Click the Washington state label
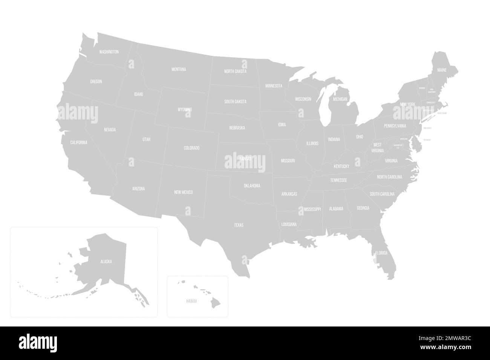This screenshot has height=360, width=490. [x=109, y=52]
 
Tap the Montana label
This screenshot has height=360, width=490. [x=179, y=69]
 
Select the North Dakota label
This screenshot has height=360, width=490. [x=235, y=71]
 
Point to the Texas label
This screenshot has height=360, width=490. [x=239, y=225]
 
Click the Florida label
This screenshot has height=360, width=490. [x=381, y=253]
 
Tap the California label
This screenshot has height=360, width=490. [x=79, y=142]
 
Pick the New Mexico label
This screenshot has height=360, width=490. [x=184, y=192]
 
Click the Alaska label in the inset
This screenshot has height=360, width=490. [x=106, y=261]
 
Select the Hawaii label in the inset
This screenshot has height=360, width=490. [x=191, y=302]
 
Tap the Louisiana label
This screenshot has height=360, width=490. [x=289, y=224]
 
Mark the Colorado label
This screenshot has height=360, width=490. [x=191, y=148]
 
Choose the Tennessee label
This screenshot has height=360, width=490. [x=338, y=180]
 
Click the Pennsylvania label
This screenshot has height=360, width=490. [x=395, y=126]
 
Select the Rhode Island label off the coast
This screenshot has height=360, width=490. [x=442, y=113]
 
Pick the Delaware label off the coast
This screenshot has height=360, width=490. [x=427, y=140]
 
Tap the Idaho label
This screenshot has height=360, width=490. [x=138, y=94]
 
